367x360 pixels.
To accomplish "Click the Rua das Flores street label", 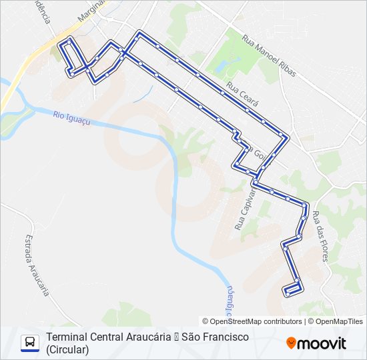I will [321, 235].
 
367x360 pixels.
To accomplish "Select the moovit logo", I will [316, 343].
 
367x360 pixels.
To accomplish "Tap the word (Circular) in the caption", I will [67, 349].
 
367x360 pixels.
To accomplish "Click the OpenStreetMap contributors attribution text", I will [256, 321].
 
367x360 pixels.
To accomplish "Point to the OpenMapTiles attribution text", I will [340, 321].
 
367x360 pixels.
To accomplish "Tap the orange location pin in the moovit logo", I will [291, 343].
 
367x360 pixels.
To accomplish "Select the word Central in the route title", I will [106, 337].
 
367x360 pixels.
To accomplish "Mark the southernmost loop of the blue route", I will [293, 289].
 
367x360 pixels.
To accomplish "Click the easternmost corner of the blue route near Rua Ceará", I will [287, 137].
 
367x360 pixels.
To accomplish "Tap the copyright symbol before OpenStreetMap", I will [206, 321].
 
